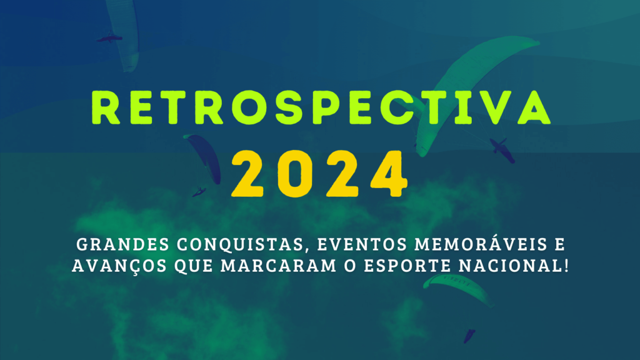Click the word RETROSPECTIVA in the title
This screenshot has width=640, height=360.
(x=321, y=107)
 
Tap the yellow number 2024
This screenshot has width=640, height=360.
(x=319, y=174)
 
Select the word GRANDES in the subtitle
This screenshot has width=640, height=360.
(x=123, y=244)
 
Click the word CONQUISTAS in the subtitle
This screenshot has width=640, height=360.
(x=241, y=244)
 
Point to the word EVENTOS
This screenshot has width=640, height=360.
(x=362, y=244)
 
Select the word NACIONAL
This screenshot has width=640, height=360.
(x=510, y=266)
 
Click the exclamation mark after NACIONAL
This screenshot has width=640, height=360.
(x=566, y=266)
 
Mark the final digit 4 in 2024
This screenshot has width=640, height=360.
(x=389, y=174)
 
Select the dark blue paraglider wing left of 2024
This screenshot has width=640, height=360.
(x=205, y=157)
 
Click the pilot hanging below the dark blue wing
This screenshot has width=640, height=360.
(x=199, y=191)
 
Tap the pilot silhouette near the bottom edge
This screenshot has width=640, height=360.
(x=469, y=336)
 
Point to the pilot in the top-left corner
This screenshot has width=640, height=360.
(x=109, y=38)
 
